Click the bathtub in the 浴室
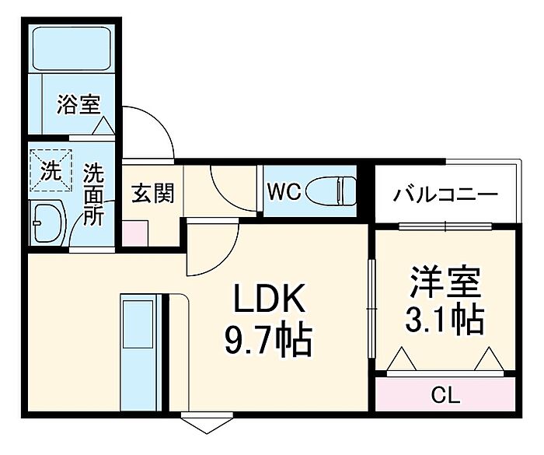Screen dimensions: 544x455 [x=71, y=48]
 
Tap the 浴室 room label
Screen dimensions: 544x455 [x=78, y=104]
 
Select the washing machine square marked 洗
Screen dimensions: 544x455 [x=51, y=170]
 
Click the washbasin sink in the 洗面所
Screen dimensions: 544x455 [x=48, y=223]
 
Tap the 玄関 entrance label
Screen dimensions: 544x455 [x=152, y=193]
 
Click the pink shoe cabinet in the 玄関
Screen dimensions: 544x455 [x=135, y=233]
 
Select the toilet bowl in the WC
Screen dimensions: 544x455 [x=330, y=191]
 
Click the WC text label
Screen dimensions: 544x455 [x=284, y=191]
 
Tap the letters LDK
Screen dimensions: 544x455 [x=270, y=298]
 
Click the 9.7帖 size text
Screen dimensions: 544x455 [x=268, y=339]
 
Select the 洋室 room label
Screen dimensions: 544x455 [x=445, y=282]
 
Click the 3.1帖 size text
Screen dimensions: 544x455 [x=445, y=319]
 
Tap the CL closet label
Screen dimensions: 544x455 [x=446, y=395]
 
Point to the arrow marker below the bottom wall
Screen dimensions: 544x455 [x=207, y=422]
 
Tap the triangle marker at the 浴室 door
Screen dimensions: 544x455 [x=103, y=126]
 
